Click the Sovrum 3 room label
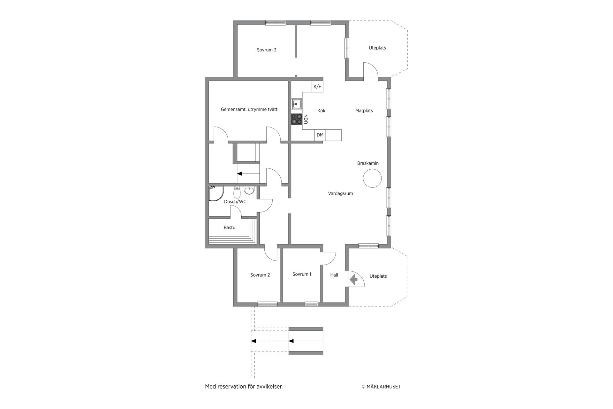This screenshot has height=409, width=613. pyautogui.click(x=267, y=50)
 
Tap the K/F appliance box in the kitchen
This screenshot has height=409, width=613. pyautogui.click(x=317, y=87)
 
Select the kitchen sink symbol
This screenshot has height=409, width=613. pyautogui.click(x=297, y=104)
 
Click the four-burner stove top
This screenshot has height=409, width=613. pyautogui.click(x=297, y=119)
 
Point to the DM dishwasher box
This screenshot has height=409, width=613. pyautogui.click(x=320, y=135)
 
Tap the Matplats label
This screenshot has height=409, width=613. pyautogui.click(x=364, y=111)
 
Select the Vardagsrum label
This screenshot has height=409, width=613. pyautogui.click(x=340, y=194)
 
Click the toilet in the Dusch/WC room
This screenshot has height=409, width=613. pyautogui.click(x=237, y=192)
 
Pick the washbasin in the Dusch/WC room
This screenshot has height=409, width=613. pyautogui.click(x=249, y=190)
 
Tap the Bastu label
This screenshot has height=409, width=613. pyautogui.click(x=230, y=228)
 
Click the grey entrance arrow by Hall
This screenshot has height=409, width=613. pyautogui.click(x=354, y=280)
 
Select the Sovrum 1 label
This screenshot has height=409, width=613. pyautogui.click(x=302, y=274)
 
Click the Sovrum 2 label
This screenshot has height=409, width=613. pyautogui.click(x=260, y=275)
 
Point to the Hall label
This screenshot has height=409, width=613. pyautogui.click(x=334, y=275)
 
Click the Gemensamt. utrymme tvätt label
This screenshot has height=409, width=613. pyautogui.click(x=249, y=110)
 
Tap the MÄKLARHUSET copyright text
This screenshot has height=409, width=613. pyautogui.click(x=381, y=387)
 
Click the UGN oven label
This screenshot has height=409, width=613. pyautogui.click(x=306, y=119)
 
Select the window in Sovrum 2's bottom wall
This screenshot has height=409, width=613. pyautogui.click(x=267, y=304)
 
